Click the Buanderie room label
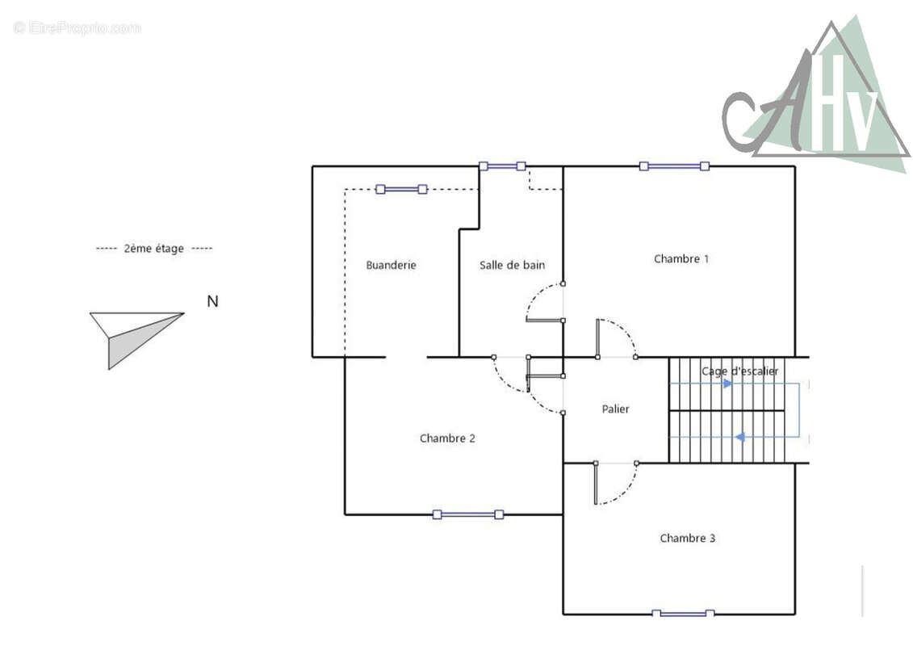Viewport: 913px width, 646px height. click(391, 265)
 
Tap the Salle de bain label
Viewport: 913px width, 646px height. click(512, 265)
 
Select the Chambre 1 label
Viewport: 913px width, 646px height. click(681, 258)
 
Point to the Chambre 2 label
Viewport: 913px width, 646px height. click(447, 438)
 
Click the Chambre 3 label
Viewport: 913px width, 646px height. click(687, 539)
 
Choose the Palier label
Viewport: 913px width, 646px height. click(615, 409)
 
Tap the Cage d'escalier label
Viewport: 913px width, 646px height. click(739, 371)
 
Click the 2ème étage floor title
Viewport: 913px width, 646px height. click(153, 248)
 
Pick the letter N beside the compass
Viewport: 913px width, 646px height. click(212, 301)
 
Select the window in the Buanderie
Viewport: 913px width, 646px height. click(401, 189)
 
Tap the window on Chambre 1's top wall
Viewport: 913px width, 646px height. click(674, 166)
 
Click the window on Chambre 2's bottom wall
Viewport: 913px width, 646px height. click(468, 514)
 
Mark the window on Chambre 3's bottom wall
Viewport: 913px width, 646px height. click(682, 614)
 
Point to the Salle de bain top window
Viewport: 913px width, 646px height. click(502, 166)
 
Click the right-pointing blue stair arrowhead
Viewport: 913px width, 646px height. click(727, 384)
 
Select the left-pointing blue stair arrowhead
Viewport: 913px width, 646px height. click(739, 437)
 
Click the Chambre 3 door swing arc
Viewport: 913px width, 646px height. click(626, 490)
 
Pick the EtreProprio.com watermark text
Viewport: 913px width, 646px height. click(77, 27)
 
